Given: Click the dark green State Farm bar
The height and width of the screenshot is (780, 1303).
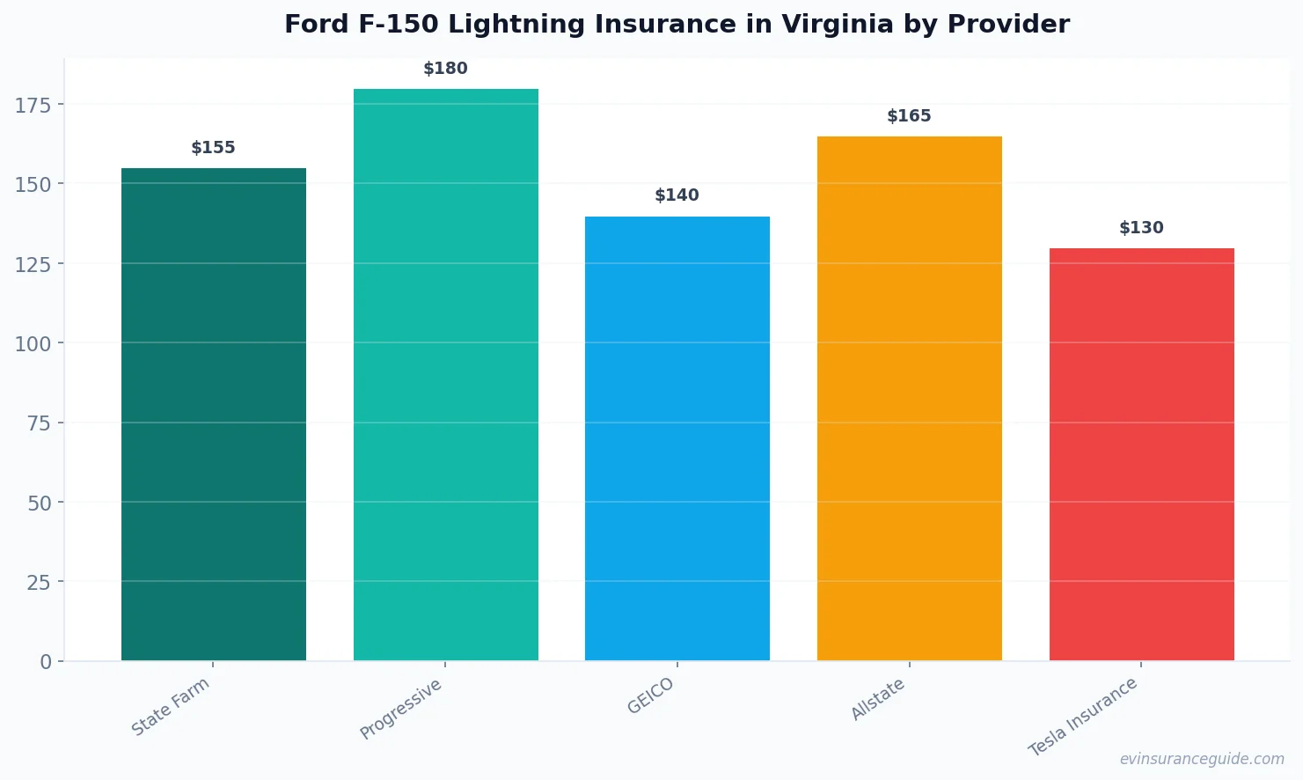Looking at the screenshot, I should (x=214, y=414).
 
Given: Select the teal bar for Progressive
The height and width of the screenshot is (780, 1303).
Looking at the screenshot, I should (x=446, y=374).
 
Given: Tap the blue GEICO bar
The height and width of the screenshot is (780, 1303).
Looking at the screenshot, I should (x=677, y=438).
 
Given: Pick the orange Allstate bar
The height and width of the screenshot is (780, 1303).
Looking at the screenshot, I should (x=910, y=398).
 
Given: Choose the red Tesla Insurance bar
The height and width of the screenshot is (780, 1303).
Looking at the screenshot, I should (x=1141, y=454).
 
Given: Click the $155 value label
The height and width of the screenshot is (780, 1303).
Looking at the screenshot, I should (x=214, y=148).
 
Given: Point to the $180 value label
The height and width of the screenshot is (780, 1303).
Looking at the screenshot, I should (x=446, y=69).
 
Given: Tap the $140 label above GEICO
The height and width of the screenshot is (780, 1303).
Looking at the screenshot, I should (x=677, y=195).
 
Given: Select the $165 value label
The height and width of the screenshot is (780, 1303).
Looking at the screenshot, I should (x=910, y=116).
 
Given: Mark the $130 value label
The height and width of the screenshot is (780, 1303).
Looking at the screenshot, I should (x=1141, y=228).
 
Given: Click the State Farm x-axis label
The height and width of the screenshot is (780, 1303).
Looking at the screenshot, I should (x=172, y=706).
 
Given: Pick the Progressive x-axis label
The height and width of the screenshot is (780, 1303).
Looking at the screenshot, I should (x=402, y=709).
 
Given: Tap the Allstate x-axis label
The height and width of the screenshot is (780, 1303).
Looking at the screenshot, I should (x=878, y=700).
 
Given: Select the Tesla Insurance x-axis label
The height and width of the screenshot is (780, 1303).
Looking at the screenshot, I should (x=1084, y=717).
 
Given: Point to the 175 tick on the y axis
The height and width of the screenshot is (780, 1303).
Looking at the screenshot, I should (x=33, y=106).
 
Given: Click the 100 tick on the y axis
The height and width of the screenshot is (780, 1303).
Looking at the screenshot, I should (x=33, y=344).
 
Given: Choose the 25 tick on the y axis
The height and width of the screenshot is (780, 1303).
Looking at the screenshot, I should (x=39, y=583).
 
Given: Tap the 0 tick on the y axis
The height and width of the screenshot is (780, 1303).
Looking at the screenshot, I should (x=46, y=662).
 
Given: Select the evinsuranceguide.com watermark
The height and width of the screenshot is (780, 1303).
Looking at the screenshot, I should (x=1202, y=759).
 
